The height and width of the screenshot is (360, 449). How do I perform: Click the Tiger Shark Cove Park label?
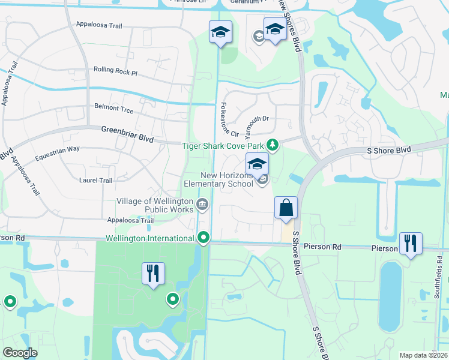[223, 145]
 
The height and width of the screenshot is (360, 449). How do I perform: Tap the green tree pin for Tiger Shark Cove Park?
[273, 145]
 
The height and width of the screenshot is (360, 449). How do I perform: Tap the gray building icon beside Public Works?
[202, 206]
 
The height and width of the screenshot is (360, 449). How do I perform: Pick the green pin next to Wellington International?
[204, 238]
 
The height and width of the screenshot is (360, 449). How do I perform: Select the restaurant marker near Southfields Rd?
[411, 243]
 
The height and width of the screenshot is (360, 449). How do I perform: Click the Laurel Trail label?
[96, 180]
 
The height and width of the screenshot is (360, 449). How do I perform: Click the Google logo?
[20, 353]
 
